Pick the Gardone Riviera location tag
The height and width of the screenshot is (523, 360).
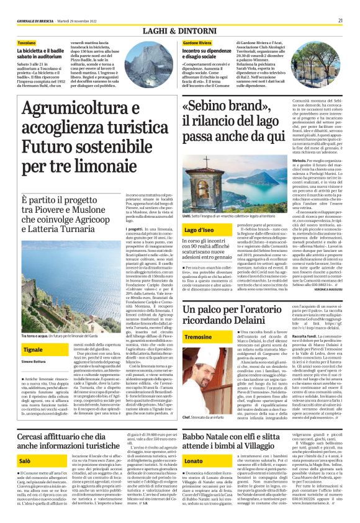click(197, 43)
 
